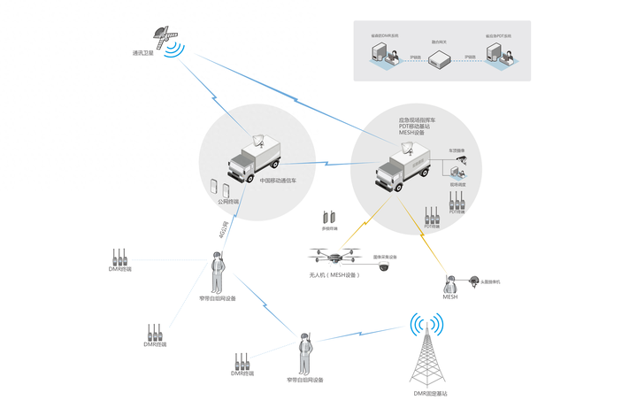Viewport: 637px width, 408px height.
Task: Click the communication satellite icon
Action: coord(164,35)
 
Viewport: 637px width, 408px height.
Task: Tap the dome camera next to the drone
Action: coord(383,268)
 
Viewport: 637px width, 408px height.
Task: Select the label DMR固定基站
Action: coord(431,392)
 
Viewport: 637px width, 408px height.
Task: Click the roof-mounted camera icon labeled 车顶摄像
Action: coord(460,162)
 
